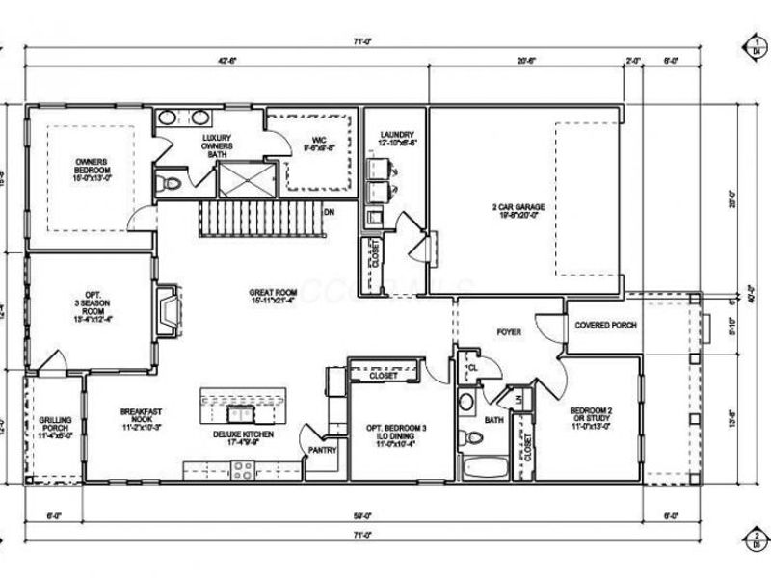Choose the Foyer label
click(508, 332)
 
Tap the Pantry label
click(321, 449)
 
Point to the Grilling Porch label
click(55, 426)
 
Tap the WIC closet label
click(318, 144)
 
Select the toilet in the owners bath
click(172, 181)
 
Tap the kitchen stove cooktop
click(241, 470)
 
